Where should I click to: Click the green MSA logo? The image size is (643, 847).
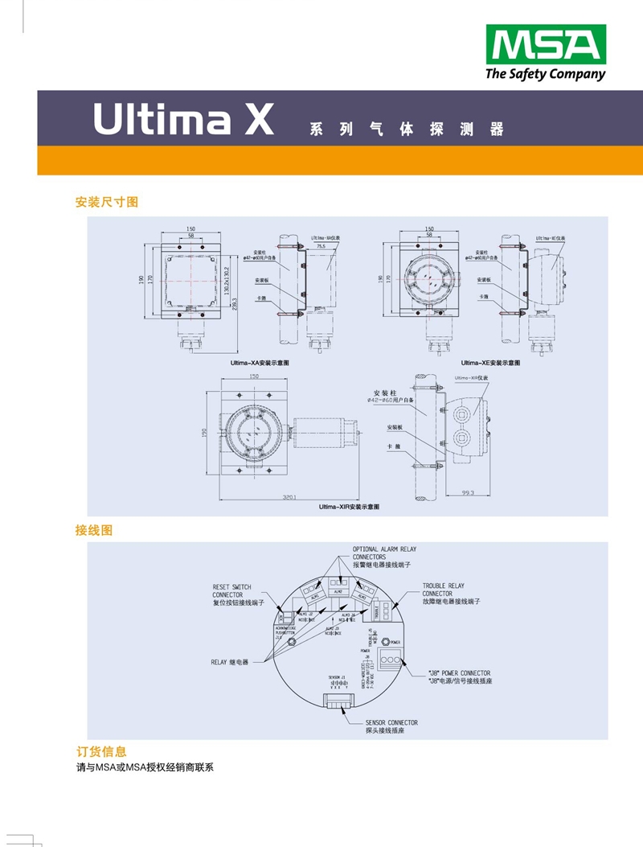(545, 45)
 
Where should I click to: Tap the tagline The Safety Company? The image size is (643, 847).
(545, 75)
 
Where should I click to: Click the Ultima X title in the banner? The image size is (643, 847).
(183, 119)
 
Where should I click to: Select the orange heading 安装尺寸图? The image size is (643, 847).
(107, 202)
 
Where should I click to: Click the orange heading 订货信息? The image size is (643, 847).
(100, 751)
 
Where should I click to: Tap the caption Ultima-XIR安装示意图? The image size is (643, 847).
(348, 507)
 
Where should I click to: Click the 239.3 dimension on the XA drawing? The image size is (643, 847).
(235, 310)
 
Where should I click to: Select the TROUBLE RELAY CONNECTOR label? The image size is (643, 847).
(451, 594)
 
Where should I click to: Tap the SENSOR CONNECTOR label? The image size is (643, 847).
(391, 727)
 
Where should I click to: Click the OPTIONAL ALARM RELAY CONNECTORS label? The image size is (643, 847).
(384, 557)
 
